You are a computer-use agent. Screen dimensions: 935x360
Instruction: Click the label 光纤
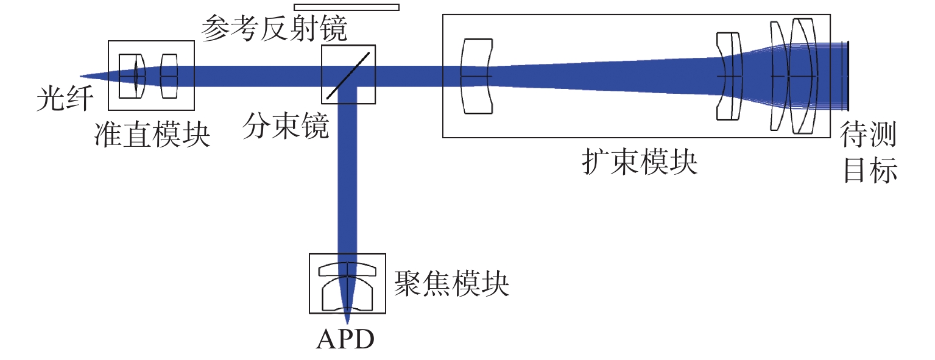65,99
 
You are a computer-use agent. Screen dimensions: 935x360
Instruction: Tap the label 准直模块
152,135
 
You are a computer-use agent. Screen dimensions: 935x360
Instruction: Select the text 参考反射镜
274,29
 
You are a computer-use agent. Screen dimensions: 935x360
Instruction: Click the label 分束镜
286,125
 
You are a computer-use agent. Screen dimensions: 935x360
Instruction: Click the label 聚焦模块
451,284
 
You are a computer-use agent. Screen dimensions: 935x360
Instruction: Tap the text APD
345,339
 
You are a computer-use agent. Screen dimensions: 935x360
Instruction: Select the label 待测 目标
869,152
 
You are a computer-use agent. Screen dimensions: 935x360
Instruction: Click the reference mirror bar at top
347,7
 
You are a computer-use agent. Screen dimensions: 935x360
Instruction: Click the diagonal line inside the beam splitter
348,75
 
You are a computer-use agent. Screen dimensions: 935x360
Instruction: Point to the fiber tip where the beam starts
80,76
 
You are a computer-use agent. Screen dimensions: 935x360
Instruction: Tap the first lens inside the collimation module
132,76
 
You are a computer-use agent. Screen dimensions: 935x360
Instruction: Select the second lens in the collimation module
169,76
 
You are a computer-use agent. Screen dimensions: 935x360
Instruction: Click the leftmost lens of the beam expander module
477,76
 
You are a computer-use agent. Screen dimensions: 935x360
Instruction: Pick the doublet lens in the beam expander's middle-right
730,76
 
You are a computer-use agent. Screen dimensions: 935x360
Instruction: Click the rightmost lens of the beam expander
803,76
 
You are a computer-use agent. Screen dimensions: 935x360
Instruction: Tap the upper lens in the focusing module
347,270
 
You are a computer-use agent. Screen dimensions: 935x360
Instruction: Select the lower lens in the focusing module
347,294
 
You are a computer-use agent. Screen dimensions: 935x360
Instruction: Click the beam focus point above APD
347,322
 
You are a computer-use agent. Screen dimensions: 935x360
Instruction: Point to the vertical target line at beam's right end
848,76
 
